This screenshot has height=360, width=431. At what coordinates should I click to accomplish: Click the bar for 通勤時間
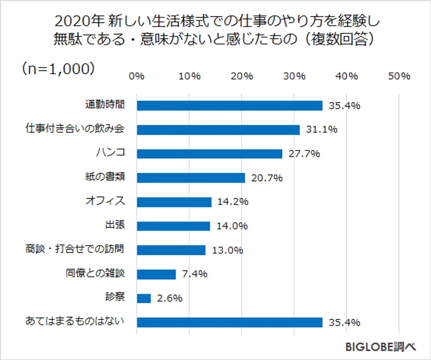coord(229,105)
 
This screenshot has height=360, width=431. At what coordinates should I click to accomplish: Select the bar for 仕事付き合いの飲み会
coord(218,129)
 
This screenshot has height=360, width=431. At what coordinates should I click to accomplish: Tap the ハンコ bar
coord(209,154)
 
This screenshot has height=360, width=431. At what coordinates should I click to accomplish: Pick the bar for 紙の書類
coord(191,178)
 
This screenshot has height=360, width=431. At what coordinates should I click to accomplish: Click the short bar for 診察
coord(144,298)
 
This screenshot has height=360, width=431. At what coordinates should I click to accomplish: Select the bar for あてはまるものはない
coord(229,323)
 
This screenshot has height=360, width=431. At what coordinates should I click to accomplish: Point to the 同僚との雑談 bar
coord(156,274)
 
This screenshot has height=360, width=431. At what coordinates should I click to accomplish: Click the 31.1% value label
coord(321,129)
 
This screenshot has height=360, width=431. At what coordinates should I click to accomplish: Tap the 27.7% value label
coord(304,154)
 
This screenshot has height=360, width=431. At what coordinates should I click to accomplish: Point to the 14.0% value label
coord(232,226)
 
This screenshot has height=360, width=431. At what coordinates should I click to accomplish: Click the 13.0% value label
coord(227,250)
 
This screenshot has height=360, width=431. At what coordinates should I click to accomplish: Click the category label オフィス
coord(105,201)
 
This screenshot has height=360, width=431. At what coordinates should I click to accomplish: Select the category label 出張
coord(113,225)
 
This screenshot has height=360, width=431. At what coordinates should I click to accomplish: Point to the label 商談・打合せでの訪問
coord(74,249)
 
